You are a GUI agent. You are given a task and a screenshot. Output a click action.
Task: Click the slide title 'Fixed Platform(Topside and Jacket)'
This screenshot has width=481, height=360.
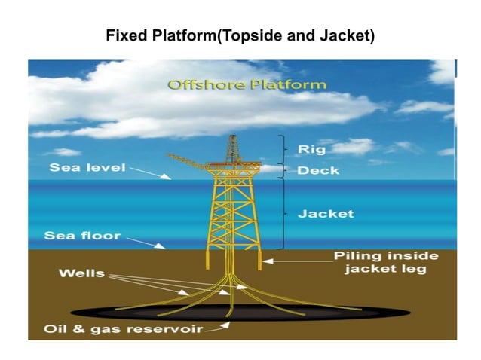pyautogui.click(x=240, y=35)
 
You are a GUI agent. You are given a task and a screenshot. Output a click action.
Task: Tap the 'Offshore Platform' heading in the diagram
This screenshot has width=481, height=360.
pyautogui.click(x=247, y=84)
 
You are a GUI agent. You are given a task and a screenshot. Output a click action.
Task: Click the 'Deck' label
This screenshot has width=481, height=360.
pyautogui.click(x=317, y=170)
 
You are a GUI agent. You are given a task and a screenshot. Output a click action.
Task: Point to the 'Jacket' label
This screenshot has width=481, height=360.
pyautogui.click(x=326, y=214)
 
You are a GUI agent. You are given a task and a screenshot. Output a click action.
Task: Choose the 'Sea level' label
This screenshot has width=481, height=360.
pyautogui.click(x=87, y=167)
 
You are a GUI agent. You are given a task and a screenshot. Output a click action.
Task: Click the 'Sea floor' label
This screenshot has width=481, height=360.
pyautogui.click(x=82, y=236)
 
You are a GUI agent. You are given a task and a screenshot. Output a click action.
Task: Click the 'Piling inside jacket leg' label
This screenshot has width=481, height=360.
pyautogui.click(x=385, y=262)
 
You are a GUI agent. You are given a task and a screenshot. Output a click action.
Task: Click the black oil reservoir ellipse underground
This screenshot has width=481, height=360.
pyautogui.click(x=136, y=310)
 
